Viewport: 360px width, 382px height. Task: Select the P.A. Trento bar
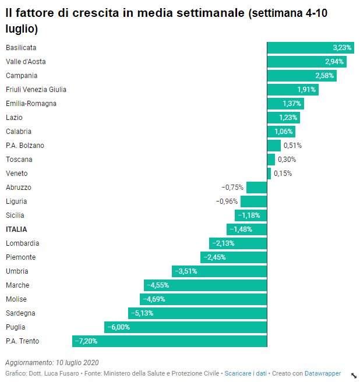point(170,341)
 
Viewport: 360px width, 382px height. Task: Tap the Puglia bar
point(185,327)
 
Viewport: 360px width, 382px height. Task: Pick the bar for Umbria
point(219,271)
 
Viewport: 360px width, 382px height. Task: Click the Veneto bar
point(269,174)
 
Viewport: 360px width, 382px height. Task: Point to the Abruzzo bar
point(256,188)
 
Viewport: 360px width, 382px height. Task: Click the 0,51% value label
point(292,146)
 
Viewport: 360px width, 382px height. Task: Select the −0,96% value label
point(227,201)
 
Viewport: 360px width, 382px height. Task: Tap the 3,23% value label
point(342,48)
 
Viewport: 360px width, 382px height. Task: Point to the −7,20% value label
point(86,341)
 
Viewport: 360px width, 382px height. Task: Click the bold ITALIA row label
point(16,229)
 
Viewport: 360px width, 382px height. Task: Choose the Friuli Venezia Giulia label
point(36,90)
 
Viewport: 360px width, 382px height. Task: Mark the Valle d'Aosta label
point(26,62)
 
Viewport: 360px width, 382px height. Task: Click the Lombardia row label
point(23,243)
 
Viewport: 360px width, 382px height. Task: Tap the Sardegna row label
point(20,313)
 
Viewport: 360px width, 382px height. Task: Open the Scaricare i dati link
point(245,373)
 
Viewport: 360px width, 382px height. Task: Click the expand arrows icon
point(354,375)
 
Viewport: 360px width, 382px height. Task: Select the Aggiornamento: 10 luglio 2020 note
point(52,362)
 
